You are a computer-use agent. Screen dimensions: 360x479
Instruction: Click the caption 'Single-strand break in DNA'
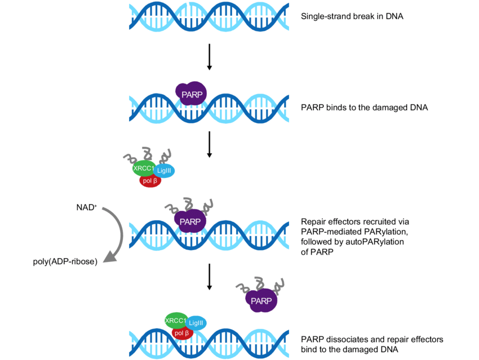(x=352, y=16)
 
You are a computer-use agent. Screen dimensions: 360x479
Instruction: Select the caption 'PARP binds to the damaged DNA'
(x=365, y=107)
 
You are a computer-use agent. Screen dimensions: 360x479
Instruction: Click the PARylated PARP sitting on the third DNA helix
(x=190, y=221)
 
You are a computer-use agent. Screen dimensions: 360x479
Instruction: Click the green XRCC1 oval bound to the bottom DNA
(x=176, y=321)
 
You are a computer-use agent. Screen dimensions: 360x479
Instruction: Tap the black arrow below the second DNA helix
(x=209, y=145)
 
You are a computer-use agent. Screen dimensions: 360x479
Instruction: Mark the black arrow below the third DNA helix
(x=209, y=276)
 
